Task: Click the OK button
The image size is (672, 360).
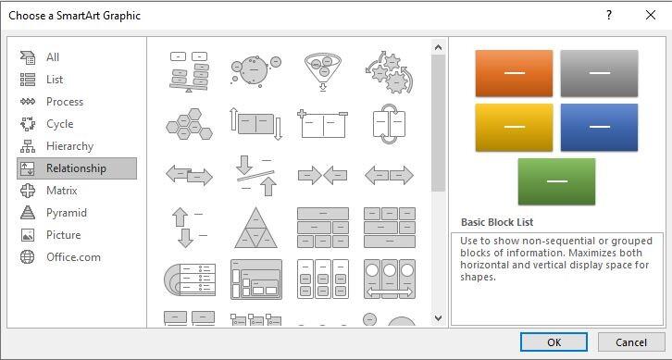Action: tap(554, 342)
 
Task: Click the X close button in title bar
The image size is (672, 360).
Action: tap(650, 16)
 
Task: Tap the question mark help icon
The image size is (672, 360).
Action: tap(608, 16)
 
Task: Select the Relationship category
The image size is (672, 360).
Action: tap(77, 168)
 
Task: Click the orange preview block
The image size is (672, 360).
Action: tap(514, 73)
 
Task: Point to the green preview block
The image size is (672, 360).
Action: tap(556, 181)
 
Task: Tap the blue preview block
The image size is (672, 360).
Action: tap(599, 128)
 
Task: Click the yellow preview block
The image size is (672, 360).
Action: tap(514, 128)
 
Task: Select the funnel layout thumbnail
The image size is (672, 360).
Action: tap(323, 71)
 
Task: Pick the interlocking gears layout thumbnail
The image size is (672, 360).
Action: tap(390, 72)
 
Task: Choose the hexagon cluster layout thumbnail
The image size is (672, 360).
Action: tap(189, 124)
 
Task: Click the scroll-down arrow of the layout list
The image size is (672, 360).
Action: tap(438, 318)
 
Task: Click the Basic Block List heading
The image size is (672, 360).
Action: tap(497, 222)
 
